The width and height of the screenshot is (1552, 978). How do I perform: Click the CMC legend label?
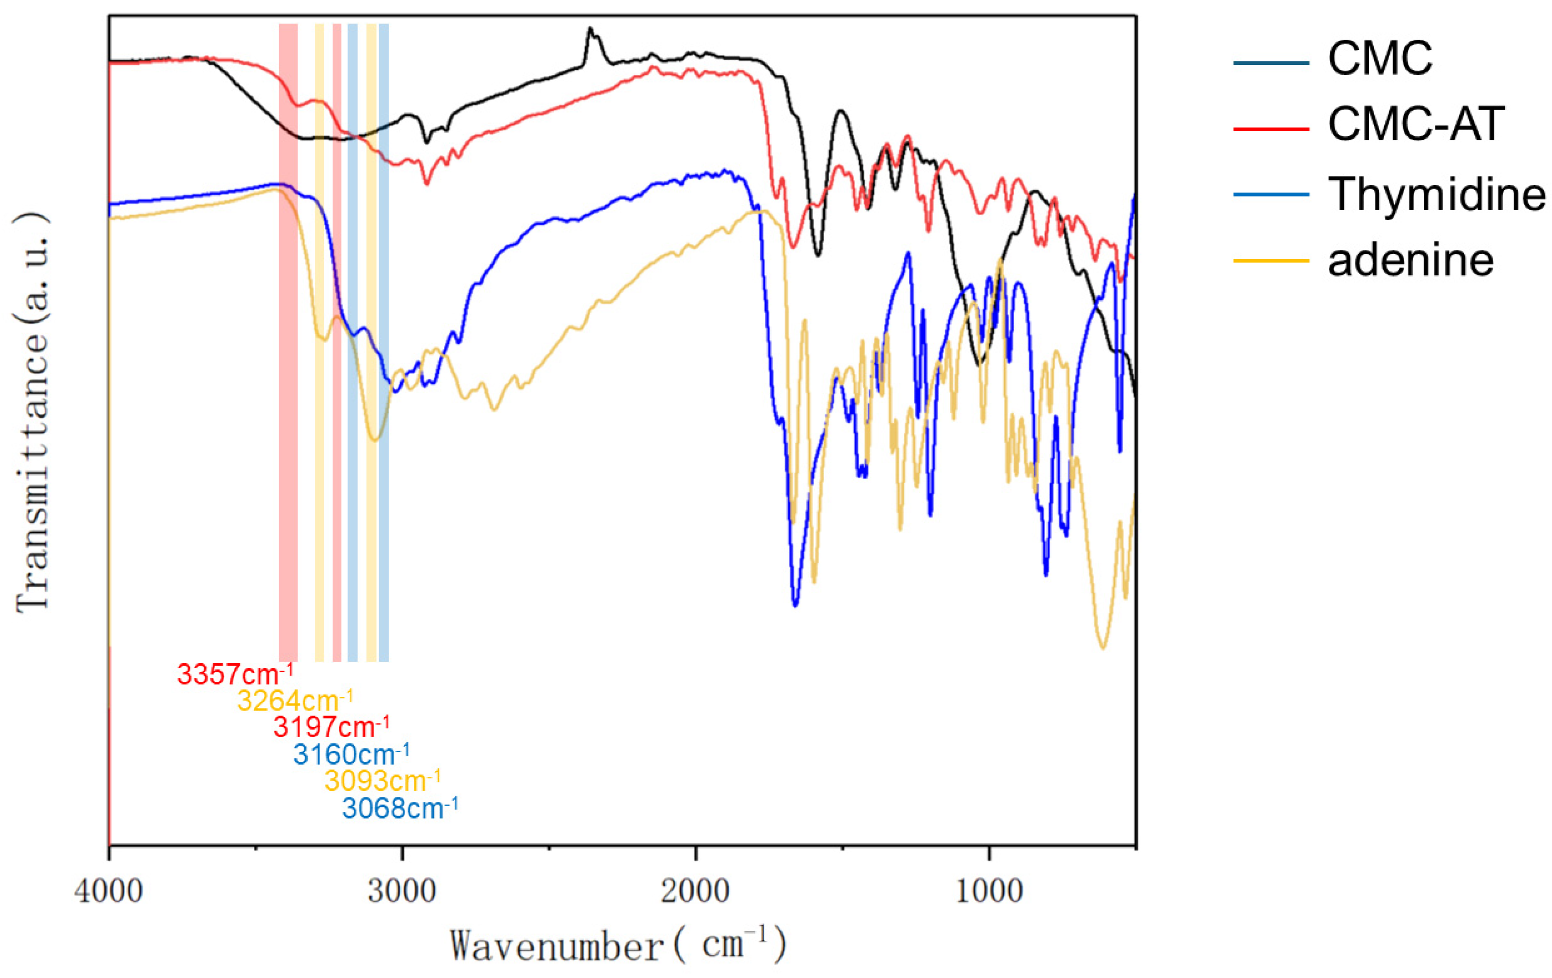1380,59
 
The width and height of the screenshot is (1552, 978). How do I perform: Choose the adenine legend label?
1410,260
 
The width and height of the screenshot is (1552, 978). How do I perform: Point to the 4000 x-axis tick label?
108,892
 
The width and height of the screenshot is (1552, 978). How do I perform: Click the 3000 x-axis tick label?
402,892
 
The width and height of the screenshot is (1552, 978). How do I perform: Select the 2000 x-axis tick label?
695,892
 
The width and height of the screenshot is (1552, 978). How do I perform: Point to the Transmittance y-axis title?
32,413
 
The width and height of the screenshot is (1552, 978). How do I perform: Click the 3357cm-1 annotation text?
235,674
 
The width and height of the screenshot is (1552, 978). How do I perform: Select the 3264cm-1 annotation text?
295,701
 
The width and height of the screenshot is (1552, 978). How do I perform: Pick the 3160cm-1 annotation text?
350,754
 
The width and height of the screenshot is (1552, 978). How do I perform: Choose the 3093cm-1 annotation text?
382,781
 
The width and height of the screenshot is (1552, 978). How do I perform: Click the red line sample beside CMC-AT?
1271,129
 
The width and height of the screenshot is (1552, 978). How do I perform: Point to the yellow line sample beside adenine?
1271,260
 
